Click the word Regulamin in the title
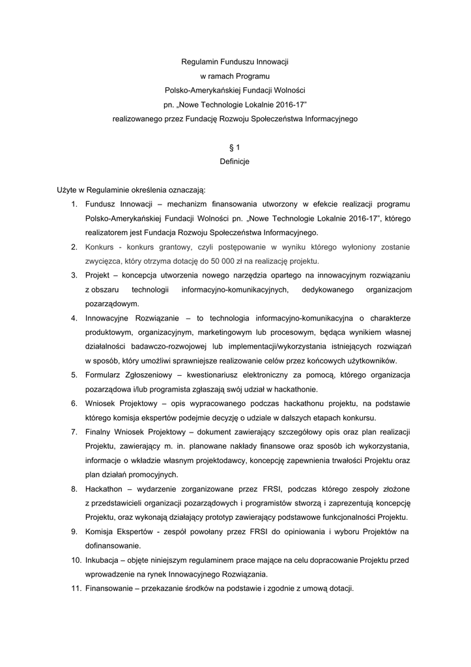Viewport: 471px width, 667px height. tap(197, 62)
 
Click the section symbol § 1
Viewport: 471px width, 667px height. tap(235, 148)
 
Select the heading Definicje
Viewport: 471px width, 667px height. tap(235, 161)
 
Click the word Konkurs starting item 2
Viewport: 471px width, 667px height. tap(99, 247)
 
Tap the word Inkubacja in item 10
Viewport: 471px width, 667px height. tap(102, 560)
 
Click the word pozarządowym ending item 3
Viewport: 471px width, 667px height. tap(111, 304)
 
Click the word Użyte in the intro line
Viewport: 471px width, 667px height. tap(68, 190)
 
